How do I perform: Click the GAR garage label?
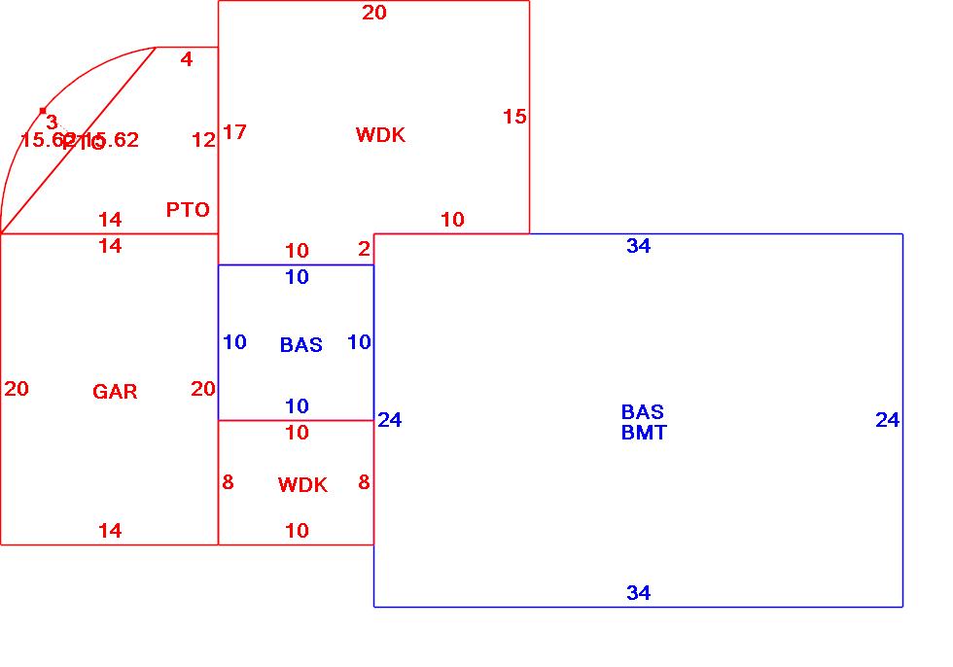[x=115, y=392]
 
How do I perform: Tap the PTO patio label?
[x=188, y=210]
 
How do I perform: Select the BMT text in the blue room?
[x=644, y=433]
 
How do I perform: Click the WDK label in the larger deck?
[x=380, y=135]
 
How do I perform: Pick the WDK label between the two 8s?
[x=302, y=485]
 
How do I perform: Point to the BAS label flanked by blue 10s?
[x=300, y=345]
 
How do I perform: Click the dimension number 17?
[x=234, y=132]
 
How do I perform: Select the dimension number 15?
[x=514, y=117]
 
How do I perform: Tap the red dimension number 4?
[x=187, y=59]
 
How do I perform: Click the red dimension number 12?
[x=203, y=140]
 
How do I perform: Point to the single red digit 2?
[x=364, y=250]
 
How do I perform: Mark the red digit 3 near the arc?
[x=52, y=123]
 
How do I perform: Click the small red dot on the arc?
[x=43, y=111]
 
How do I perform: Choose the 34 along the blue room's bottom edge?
[x=638, y=593]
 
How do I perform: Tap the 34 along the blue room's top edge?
[x=638, y=246]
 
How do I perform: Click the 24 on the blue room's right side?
[x=887, y=420]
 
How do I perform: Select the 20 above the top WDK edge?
[x=374, y=13]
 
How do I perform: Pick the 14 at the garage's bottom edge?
[x=110, y=530]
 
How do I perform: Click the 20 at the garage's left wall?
[x=17, y=389]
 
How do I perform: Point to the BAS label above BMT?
[x=642, y=412]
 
